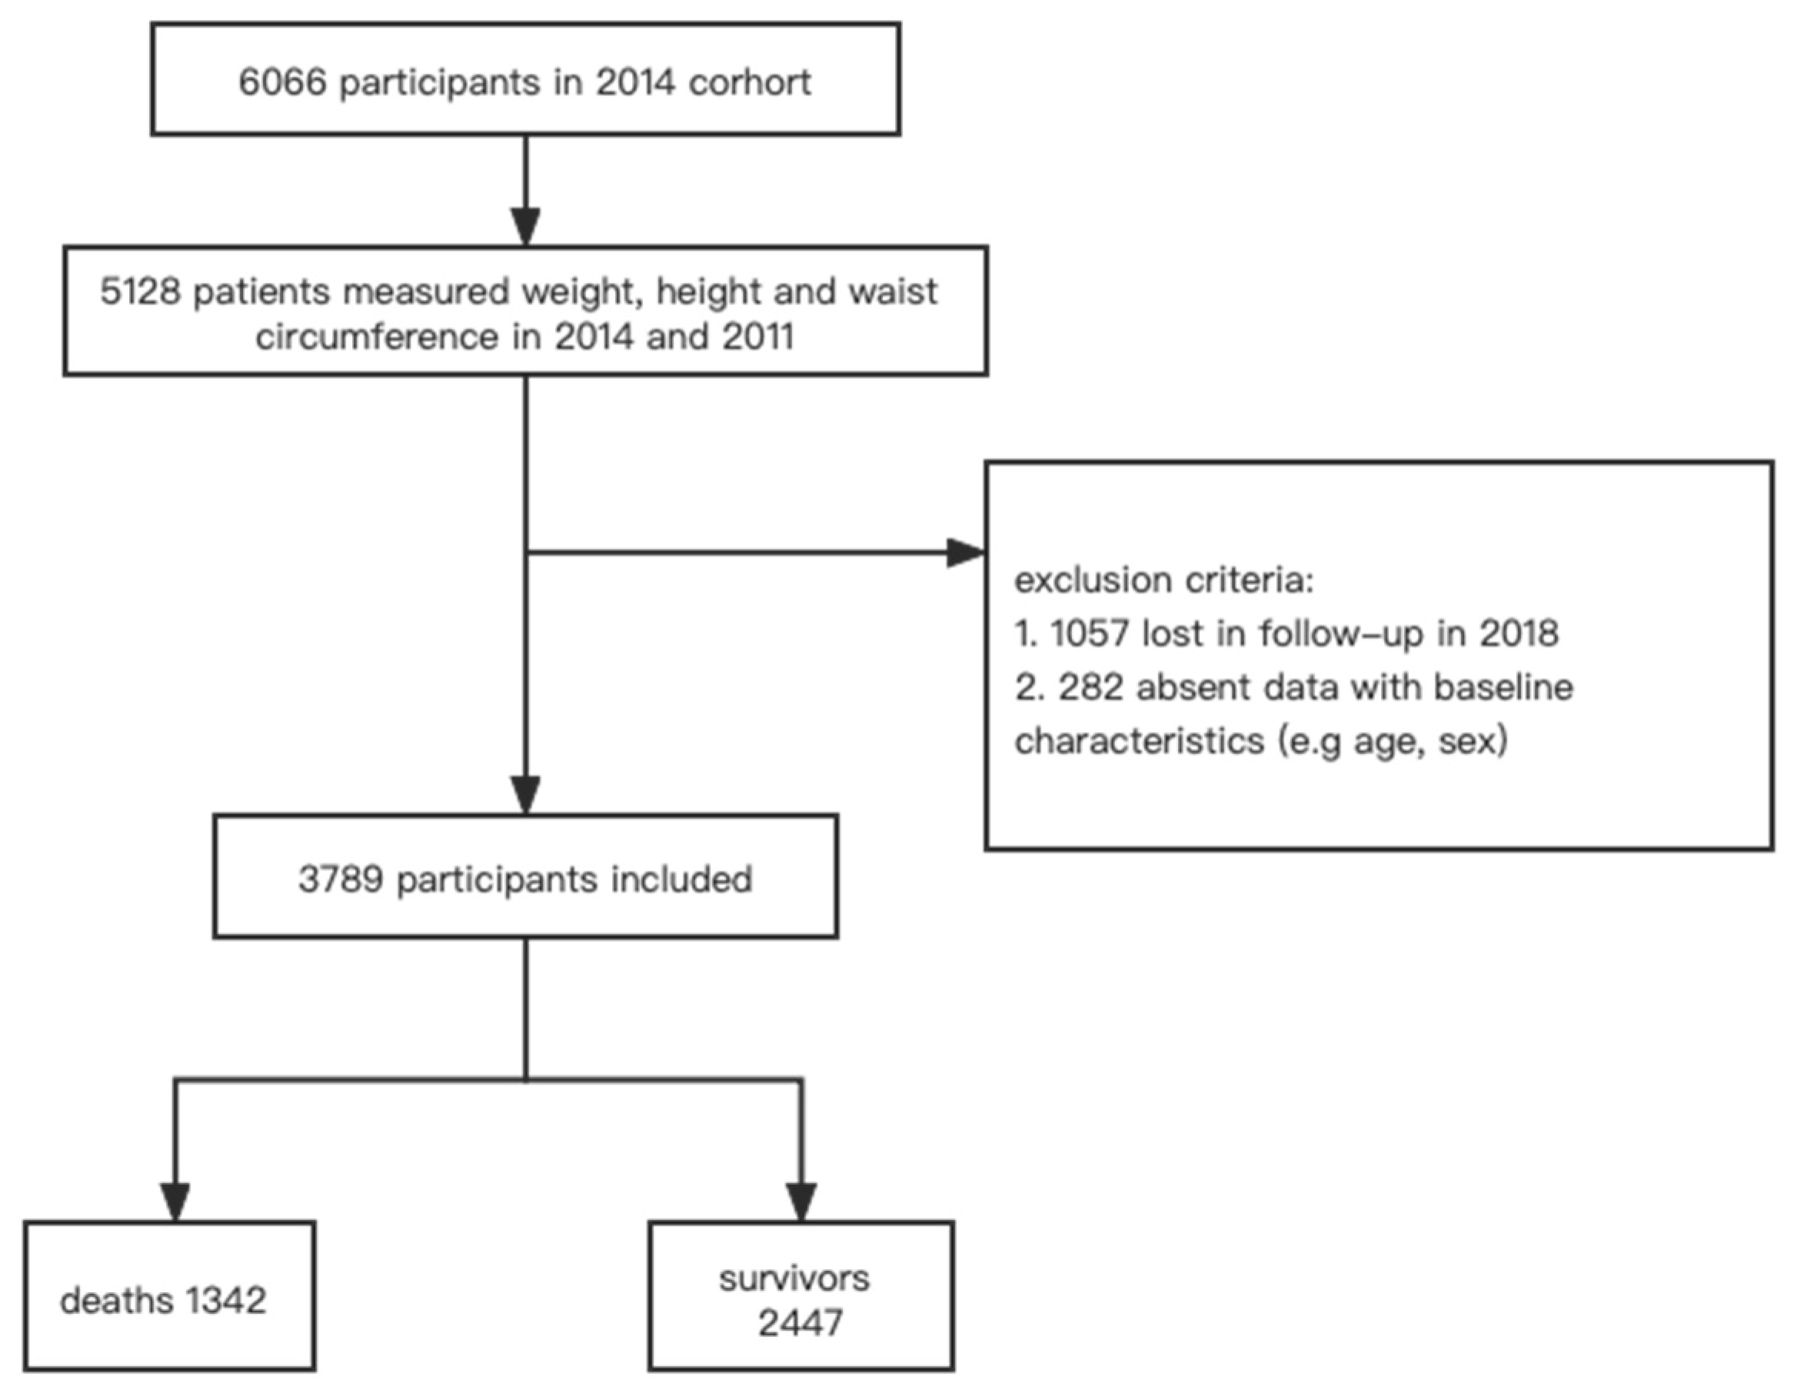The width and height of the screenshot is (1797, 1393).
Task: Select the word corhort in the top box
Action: [x=750, y=82]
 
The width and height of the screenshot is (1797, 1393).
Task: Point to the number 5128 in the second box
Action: [x=139, y=292]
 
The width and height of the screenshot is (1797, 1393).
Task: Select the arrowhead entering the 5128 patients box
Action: [x=526, y=225]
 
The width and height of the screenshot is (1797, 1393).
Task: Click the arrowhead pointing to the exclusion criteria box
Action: [x=964, y=553]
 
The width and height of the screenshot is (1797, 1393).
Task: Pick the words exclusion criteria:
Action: [x=1163, y=580]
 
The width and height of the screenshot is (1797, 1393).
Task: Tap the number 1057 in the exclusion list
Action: [x=1089, y=633]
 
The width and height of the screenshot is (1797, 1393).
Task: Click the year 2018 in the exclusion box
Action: [x=1519, y=633]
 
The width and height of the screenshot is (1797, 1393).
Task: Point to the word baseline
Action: [x=1503, y=687]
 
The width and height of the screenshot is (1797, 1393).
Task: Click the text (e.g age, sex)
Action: [x=1393, y=741]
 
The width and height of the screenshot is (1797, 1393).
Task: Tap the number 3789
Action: [x=341, y=879]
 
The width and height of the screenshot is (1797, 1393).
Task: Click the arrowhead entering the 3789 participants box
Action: [x=526, y=794]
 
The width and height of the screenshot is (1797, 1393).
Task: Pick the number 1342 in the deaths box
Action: [x=225, y=1301]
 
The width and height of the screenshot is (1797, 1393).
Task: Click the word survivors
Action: [x=794, y=1278]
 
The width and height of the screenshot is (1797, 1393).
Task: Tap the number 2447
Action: [x=800, y=1323]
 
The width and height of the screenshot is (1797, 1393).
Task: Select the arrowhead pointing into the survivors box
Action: [x=800, y=1202]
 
